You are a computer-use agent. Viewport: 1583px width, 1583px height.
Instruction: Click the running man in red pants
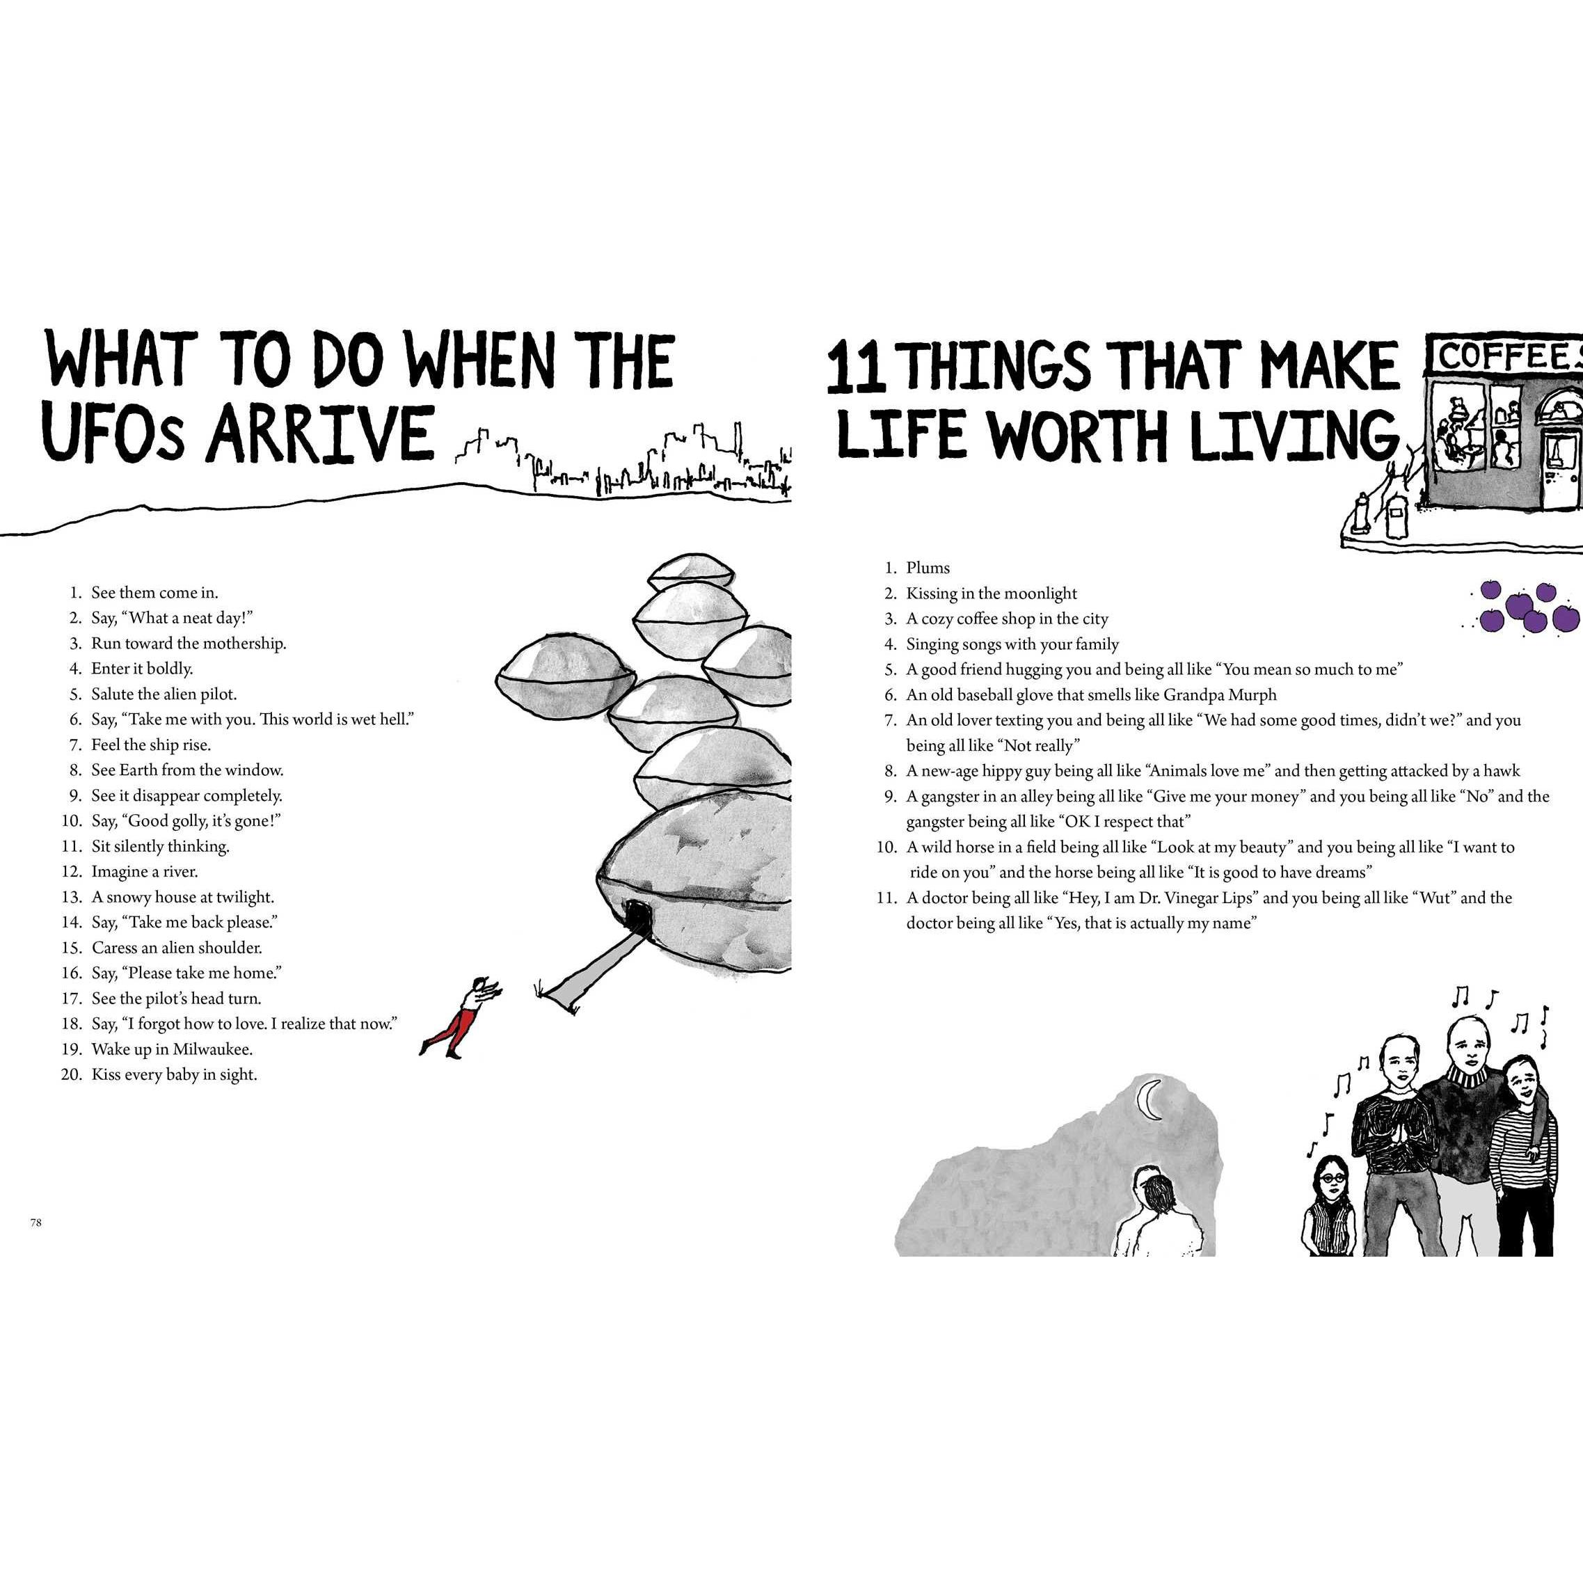coord(459,1016)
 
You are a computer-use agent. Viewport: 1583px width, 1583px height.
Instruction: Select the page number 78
coord(35,1223)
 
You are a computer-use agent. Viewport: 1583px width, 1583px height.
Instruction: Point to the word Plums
coord(928,568)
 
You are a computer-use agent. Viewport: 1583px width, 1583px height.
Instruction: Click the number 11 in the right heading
coord(857,369)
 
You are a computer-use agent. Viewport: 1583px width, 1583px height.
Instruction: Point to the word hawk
coord(1503,771)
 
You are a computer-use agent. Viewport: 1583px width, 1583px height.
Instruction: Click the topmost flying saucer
coord(691,571)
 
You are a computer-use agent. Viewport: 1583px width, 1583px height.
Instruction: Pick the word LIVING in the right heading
coord(1294,435)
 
